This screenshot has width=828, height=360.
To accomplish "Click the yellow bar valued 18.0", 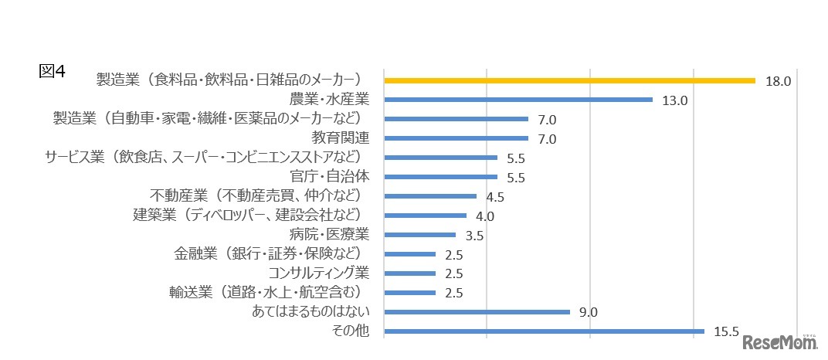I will click(569, 80).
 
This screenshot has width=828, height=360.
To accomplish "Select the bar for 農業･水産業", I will click(518, 100).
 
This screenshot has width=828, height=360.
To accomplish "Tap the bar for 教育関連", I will click(456, 138).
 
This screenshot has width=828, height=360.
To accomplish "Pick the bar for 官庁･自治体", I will click(440, 177).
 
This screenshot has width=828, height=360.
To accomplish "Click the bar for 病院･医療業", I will click(419, 235).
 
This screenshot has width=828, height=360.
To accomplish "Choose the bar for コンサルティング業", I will click(409, 273).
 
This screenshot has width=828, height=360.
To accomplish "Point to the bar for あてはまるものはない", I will click(477, 312).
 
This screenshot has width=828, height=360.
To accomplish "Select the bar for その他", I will click(544, 332).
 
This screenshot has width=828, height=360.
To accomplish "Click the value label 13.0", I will click(674, 100).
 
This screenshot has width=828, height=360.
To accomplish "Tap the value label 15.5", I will click(726, 332).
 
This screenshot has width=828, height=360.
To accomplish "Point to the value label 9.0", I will click(588, 313).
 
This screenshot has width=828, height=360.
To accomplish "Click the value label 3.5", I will click(474, 236).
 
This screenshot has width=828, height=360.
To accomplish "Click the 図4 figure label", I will click(53, 71).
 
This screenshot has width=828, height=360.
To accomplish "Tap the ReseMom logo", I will click(779, 343).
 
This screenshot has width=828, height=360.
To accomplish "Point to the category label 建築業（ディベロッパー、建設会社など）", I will click(249, 216).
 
